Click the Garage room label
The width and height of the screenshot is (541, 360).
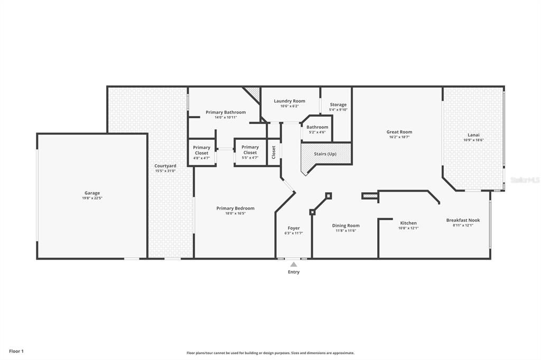pyautogui.click(x=92, y=193)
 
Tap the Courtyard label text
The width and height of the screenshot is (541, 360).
pyautogui.click(x=165, y=166)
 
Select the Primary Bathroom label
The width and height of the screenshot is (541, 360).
pyautogui.click(x=226, y=112)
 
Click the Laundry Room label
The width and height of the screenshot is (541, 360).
pyautogui.click(x=290, y=101)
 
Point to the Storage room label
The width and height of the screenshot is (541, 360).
pyautogui.click(x=338, y=105)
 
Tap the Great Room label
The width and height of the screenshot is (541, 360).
pyautogui.click(x=399, y=132)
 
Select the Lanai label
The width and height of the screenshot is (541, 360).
pyautogui.click(x=473, y=135)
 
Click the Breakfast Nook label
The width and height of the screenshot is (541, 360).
pyautogui.click(x=463, y=220)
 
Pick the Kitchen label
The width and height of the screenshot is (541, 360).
pyautogui.click(x=408, y=223)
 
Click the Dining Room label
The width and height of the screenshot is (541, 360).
pyautogui.click(x=346, y=225)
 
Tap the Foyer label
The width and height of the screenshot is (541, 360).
pyautogui.click(x=293, y=228)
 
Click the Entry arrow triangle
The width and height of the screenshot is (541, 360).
pyautogui.click(x=293, y=264)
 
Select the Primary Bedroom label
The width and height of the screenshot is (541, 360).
pyautogui.click(x=235, y=208)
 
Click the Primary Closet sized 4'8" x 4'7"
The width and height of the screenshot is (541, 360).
pyautogui.click(x=201, y=150)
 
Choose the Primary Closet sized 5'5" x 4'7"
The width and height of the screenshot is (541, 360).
pyautogui.click(x=250, y=150)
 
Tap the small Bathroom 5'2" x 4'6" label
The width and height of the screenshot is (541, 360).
pyautogui.click(x=317, y=127)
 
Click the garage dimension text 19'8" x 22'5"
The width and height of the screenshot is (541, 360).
pyautogui.click(x=92, y=198)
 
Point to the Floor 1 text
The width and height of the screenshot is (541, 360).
pyautogui.click(x=16, y=351)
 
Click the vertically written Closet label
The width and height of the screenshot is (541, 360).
pyautogui.click(x=274, y=152)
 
